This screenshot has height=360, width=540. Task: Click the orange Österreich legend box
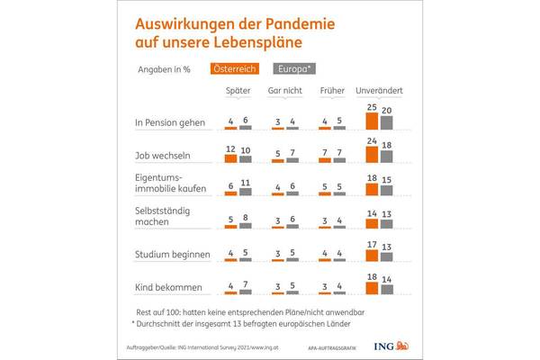pos(233,67)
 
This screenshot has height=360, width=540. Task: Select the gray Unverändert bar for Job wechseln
pos(387,155)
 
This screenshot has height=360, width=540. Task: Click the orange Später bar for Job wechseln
pos(230,158)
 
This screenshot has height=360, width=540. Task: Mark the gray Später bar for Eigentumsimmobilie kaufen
pos(246,193)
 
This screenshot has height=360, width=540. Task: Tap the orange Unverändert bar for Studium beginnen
pos(373,253)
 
